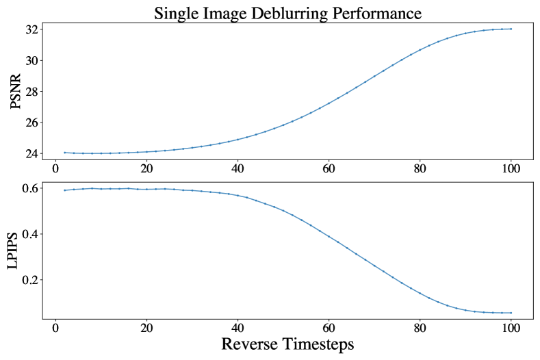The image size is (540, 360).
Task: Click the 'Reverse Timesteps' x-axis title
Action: pyautogui.click(x=287, y=344)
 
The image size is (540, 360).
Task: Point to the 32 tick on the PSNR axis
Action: pyautogui.click(x=31, y=29)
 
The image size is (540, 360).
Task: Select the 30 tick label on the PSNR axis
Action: pyautogui.click(x=31, y=61)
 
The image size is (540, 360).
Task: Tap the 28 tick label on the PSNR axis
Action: pyautogui.click(x=31, y=92)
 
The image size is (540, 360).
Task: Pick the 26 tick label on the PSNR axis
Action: pyautogui.click(x=31, y=123)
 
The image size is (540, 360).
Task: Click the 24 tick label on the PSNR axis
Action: pyautogui.click(x=31, y=154)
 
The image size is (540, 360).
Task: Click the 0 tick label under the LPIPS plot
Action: pyautogui.click(x=55, y=328)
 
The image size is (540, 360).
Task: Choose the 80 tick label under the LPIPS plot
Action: pyautogui.click(x=420, y=328)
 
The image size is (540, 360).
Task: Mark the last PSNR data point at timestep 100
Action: pyautogui.click(x=511, y=29)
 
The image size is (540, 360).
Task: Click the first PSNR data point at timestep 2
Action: pyautogui.click(x=64, y=153)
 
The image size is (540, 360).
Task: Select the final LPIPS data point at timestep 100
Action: pyautogui.click(x=511, y=313)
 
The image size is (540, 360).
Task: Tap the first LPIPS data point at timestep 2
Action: pyautogui.click(x=64, y=190)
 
